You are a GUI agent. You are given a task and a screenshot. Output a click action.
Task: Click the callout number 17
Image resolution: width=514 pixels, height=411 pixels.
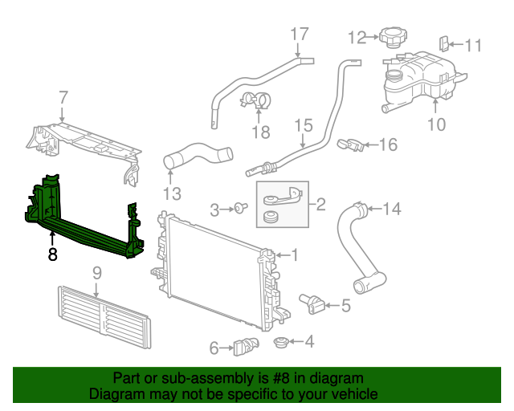(x=299, y=34)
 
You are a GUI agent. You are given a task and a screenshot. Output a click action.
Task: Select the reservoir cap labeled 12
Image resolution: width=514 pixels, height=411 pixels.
(x=393, y=38)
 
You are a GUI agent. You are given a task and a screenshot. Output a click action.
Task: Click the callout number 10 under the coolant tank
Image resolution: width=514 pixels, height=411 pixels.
(x=435, y=124)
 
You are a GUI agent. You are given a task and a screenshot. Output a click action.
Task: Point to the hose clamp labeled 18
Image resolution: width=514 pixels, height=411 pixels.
(x=256, y=101)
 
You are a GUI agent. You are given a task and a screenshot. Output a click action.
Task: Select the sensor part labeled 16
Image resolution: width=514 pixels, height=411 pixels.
(x=349, y=144)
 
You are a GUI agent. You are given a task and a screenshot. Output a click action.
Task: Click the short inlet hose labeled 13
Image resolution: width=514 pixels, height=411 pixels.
(x=197, y=155)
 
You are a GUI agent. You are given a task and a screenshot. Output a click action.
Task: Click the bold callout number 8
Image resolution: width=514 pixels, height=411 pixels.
(x=53, y=256)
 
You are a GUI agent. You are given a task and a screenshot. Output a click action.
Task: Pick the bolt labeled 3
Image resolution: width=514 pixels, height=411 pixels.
(x=240, y=210)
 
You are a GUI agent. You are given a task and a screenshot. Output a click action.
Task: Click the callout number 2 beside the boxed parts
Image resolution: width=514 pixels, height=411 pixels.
(x=320, y=205)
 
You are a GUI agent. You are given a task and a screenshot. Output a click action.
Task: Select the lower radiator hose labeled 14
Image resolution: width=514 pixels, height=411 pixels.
(x=358, y=249)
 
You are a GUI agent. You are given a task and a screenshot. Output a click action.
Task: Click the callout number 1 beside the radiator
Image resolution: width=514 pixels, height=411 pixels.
(x=294, y=255)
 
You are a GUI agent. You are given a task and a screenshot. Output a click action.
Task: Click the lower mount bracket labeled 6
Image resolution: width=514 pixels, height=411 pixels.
(x=244, y=347)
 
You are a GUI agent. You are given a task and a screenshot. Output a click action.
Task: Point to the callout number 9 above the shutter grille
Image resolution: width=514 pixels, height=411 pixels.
(x=97, y=273)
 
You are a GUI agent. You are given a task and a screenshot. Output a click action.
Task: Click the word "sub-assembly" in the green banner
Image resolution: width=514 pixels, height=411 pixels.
(x=205, y=378)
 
